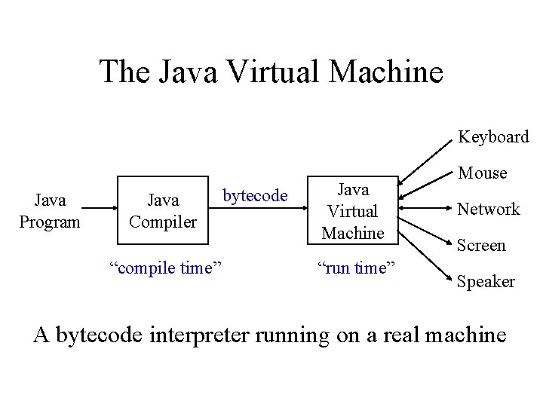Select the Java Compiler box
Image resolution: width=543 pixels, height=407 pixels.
(x=162, y=211)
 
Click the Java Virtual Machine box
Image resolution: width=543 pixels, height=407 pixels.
(x=353, y=211)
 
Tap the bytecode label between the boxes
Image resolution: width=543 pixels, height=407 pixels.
(x=255, y=196)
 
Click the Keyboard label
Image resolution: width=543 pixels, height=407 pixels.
(x=494, y=137)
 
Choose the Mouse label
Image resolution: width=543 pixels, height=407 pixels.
(x=483, y=173)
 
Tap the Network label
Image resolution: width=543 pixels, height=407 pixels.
(x=489, y=209)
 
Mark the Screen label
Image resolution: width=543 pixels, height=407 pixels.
(x=482, y=245)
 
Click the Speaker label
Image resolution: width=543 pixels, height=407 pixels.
(x=486, y=281)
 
